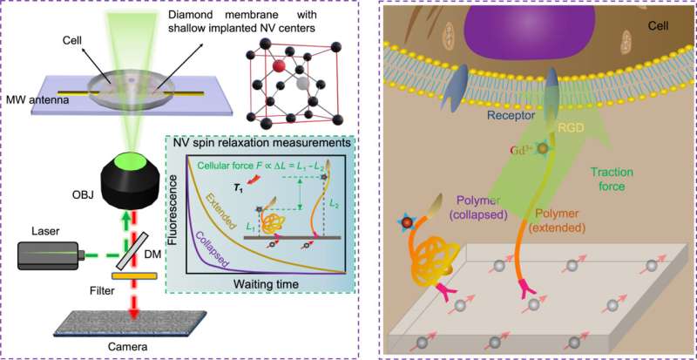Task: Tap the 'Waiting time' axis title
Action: (261, 284)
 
